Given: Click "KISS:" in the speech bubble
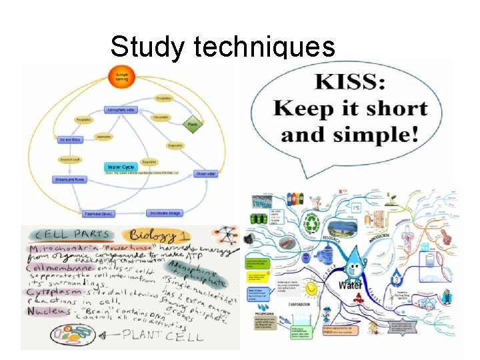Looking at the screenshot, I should (353, 83).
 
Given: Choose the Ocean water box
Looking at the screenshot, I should (206, 173).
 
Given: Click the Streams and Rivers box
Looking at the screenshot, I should (70, 179).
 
